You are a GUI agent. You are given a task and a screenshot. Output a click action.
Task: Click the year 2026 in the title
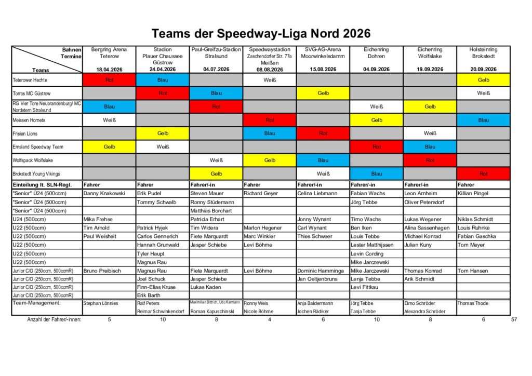point(356,34)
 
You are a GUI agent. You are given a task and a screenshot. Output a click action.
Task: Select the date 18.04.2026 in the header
point(109,69)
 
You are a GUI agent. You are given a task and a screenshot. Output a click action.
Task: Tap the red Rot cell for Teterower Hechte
point(109,80)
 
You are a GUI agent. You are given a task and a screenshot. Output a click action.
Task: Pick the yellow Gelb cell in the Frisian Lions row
point(163,133)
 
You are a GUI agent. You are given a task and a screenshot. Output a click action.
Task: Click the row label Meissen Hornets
point(29,120)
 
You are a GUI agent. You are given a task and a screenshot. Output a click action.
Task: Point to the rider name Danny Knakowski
point(104,194)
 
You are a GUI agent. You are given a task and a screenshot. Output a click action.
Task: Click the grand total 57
point(514,319)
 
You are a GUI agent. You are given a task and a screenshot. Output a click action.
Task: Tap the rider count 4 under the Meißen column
point(269,319)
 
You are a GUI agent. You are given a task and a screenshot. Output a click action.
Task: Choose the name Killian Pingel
point(474,194)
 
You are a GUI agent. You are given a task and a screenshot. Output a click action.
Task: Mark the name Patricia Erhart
point(208,219)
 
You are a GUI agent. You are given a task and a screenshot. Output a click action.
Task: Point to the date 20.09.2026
point(483,69)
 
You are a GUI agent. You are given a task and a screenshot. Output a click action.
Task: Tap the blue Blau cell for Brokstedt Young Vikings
point(376,173)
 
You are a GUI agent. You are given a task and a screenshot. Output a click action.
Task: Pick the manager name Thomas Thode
point(473,303)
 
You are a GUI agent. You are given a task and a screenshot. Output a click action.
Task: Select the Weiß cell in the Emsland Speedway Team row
point(163,147)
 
